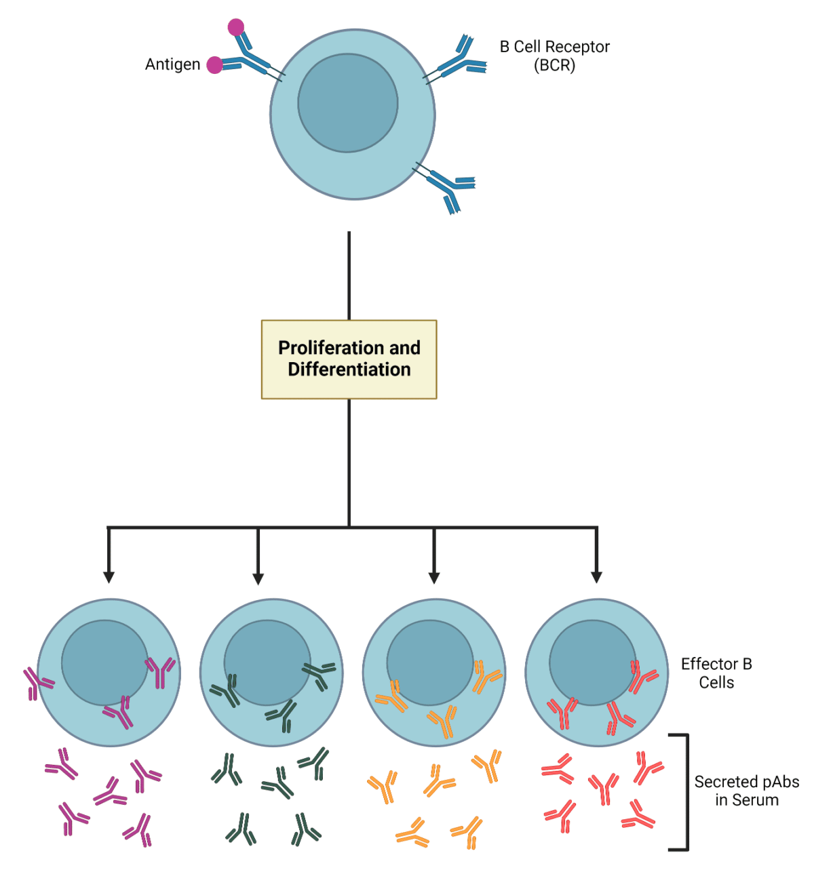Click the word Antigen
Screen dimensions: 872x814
point(172,64)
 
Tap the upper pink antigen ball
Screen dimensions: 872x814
point(235,27)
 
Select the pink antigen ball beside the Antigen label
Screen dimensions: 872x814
point(214,64)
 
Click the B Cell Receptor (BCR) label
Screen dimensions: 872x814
point(554,56)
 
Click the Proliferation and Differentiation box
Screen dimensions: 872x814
point(349,359)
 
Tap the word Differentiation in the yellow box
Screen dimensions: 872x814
point(349,370)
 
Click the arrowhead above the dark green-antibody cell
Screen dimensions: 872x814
point(258,578)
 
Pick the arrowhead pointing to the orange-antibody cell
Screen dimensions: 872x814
point(434,577)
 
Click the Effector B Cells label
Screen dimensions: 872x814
point(716,673)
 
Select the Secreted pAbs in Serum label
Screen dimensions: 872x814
point(746,791)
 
